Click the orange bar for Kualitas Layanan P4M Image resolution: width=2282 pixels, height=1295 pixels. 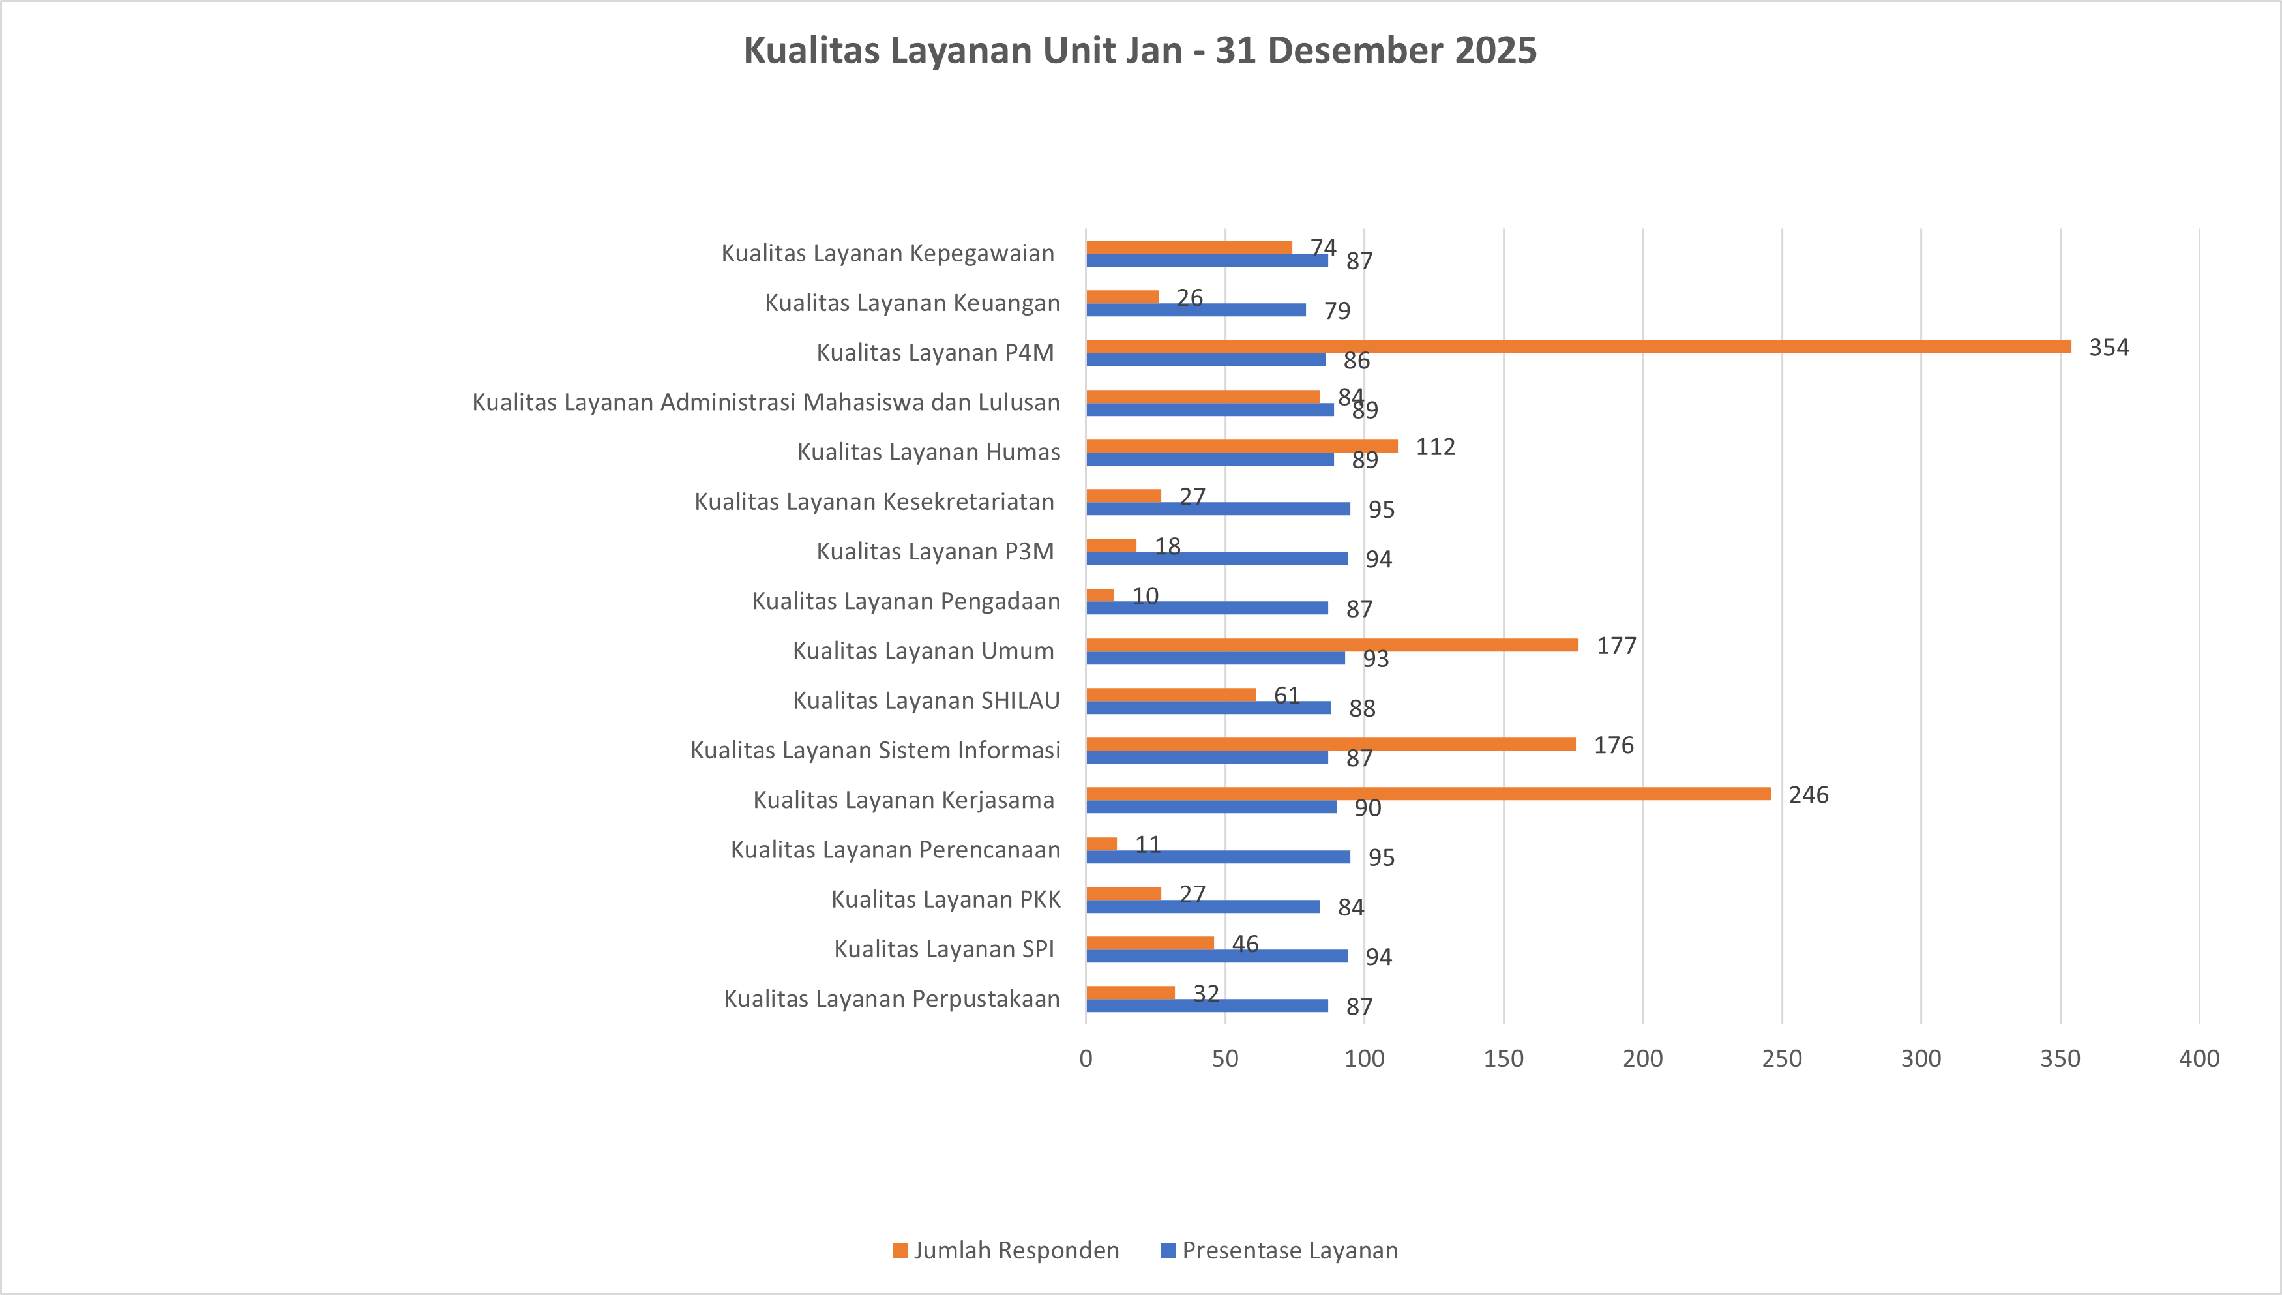pos(1578,347)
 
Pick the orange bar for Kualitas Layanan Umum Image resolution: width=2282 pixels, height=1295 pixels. pos(1331,645)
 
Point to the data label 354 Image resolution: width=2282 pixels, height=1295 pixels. pos(2109,348)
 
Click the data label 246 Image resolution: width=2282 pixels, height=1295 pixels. pos(1808,795)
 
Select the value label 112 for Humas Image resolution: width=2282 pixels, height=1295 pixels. pos(1434,447)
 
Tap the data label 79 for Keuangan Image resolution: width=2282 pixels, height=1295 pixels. pos(1337,311)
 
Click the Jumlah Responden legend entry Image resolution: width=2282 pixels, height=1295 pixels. pos(1006,1251)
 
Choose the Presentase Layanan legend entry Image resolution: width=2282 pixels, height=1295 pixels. pos(1280,1251)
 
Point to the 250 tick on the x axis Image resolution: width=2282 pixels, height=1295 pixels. pos(1781,1058)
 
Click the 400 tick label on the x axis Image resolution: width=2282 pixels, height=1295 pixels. pos(2199,1058)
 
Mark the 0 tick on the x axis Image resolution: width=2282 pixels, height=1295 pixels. pos(1086,1058)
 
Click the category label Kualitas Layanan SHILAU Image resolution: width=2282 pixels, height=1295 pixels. pos(926,701)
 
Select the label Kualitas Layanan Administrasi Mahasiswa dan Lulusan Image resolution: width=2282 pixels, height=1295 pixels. pos(765,402)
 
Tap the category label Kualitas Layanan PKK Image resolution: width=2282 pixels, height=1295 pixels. pos(945,899)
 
